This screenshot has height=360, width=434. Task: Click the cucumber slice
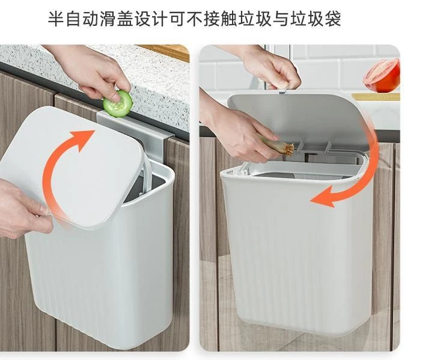118,103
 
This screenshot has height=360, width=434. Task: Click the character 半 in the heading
56,19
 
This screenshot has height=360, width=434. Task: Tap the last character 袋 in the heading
332,19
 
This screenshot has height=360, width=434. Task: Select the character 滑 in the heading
108,19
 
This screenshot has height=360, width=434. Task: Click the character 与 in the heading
281,19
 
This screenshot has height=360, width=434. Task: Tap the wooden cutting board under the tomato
376,97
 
